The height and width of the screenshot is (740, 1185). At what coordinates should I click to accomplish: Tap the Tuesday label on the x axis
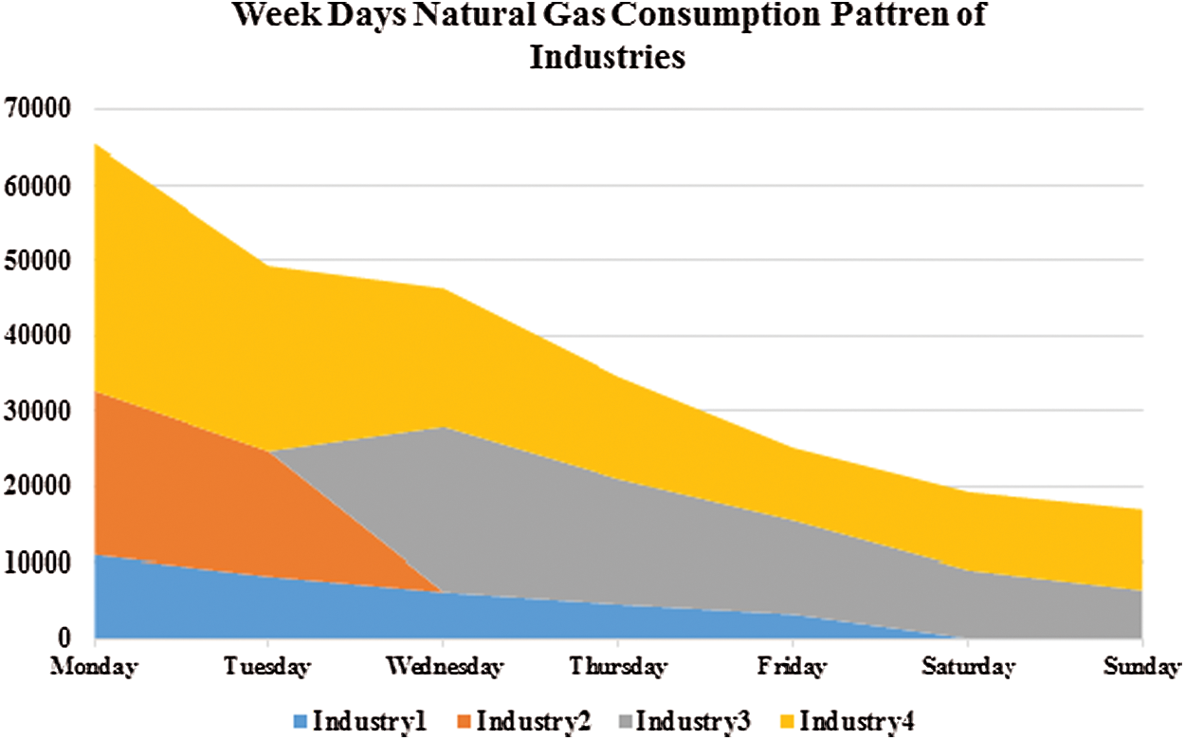tap(268, 667)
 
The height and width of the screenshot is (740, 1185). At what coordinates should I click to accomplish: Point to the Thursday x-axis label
tap(618, 667)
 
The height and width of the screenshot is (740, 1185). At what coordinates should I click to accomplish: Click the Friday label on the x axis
tap(792, 667)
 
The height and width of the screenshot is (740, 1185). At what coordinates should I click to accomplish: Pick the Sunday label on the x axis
tap(1143, 667)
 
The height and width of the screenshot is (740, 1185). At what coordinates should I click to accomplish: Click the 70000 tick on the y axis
tap(38, 109)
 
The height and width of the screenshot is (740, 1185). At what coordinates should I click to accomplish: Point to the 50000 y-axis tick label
tap(38, 261)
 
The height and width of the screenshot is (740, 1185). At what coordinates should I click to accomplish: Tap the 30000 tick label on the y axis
tap(38, 412)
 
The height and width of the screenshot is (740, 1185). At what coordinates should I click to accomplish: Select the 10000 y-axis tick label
tap(38, 564)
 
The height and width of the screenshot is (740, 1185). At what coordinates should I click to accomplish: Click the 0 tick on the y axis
tap(64, 638)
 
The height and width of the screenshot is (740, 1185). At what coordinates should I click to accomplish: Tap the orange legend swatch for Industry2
tap(464, 721)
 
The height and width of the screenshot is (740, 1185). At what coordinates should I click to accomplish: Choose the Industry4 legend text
tap(856, 721)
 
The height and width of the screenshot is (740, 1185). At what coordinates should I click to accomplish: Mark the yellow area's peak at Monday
tap(96, 144)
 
